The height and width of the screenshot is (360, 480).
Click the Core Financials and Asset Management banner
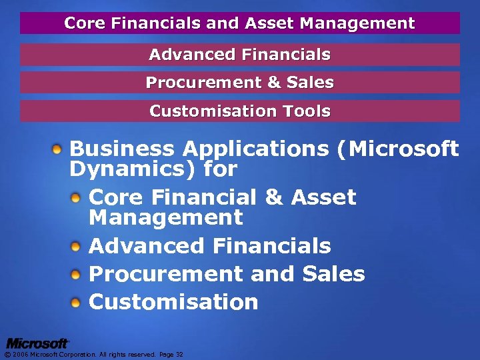click(240, 23)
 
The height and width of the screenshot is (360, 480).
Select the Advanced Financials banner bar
click(240, 54)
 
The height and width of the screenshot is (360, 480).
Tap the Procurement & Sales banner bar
click(240, 83)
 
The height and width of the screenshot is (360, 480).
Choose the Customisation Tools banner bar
click(240, 111)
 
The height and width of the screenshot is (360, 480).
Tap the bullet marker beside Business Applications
click(59, 147)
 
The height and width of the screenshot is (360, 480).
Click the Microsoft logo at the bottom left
click(37, 343)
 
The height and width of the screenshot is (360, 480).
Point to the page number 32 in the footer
click(179, 355)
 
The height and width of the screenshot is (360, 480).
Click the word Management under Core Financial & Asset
click(166, 218)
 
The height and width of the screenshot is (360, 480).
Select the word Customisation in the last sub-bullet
click(173, 302)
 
